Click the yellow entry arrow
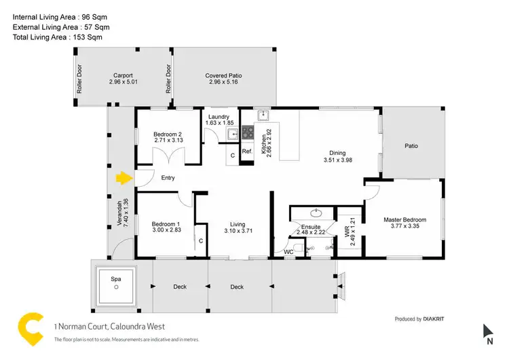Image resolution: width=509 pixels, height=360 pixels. pos(122,179)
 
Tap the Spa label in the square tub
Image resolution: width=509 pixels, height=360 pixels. pos(116,278)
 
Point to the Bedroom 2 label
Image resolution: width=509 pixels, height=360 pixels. pos(166,133)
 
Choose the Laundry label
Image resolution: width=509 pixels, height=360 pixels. pos(223,117)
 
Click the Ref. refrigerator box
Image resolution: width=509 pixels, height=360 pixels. pos(247,151)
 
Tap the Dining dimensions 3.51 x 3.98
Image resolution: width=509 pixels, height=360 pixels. pos(337,161)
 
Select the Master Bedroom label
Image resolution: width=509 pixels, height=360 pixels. pos(404,219)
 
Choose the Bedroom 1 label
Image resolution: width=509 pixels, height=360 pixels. pos(166,224)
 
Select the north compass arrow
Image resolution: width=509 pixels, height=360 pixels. pos(488,331)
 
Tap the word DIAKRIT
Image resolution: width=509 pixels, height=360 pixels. pos(438,319)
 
